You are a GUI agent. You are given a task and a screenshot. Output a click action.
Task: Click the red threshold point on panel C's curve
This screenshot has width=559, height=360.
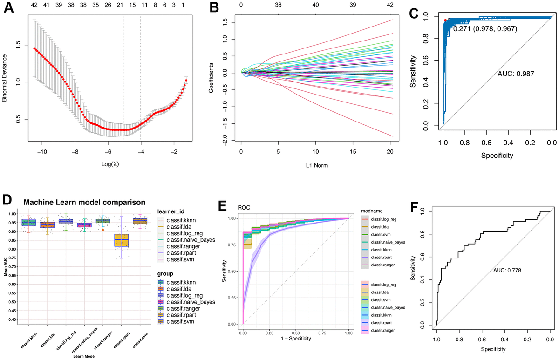[445, 20]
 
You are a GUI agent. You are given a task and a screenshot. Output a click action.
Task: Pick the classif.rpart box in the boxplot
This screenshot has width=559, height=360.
[122, 240]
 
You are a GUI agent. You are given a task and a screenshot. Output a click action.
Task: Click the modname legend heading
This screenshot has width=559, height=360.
[373, 211]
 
